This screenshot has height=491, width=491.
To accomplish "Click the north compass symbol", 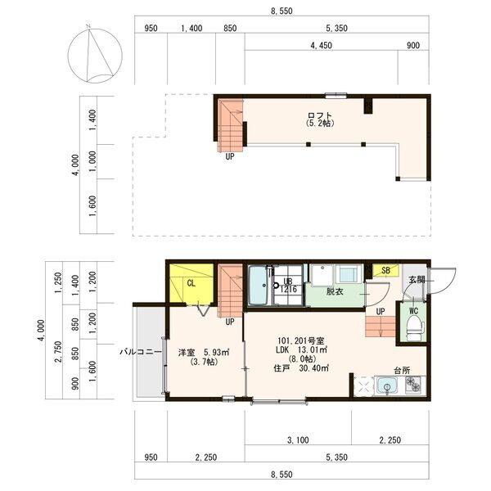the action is tap(95, 56).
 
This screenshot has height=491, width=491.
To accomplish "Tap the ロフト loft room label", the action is tap(319, 115).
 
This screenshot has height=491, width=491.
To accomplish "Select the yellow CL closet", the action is tap(191, 284).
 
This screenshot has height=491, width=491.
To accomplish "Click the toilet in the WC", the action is tap(415, 327).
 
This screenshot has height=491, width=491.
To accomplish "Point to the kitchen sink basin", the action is tap(387, 385).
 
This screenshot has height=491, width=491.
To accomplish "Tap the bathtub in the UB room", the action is tap(259, 285).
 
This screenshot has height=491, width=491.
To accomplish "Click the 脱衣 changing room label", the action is tap(335, 291).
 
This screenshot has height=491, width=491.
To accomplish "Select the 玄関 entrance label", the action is tap(417, 280).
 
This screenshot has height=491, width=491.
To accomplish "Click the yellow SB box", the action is tap(385, 271).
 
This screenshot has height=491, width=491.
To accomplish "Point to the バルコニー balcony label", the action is tap(141, 352).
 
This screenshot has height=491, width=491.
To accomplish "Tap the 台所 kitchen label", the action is tap(402, 371).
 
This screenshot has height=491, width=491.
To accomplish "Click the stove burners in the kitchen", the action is tap(413, 385).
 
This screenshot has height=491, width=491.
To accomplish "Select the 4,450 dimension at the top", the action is tap(321, 45).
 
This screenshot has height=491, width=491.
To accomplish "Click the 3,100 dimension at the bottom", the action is tap(298, 440).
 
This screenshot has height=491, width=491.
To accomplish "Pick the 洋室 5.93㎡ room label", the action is tap(204, 353).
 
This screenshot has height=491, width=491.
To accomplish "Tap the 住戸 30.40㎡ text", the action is tap(301, 368).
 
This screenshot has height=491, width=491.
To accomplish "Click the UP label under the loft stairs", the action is tap(230, 156).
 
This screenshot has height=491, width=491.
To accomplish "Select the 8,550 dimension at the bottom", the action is tap(282, 475).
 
